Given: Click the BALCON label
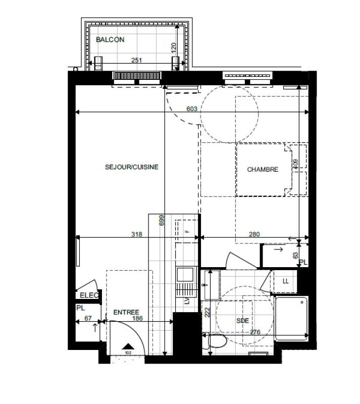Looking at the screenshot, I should click(x=110, y=39).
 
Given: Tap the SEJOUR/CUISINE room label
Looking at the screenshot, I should click(x=132, y=167).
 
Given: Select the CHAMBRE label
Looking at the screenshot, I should click(x=262, y=170).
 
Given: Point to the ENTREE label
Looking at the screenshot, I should click(x=126, y=313).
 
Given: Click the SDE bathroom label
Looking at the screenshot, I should click(x=243, y=320).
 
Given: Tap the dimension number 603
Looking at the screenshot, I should click(x=191, y=109).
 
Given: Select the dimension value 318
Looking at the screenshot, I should click(x=136, y=234).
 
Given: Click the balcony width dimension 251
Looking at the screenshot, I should click(x=136, y=60).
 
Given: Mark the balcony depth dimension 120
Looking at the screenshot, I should click(x=174, y=47).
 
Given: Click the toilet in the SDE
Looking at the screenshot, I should click(x=217, y=342).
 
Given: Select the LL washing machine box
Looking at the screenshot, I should click(x=285, y=281).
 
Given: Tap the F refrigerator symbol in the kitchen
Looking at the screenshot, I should click(x=186, y=231).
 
